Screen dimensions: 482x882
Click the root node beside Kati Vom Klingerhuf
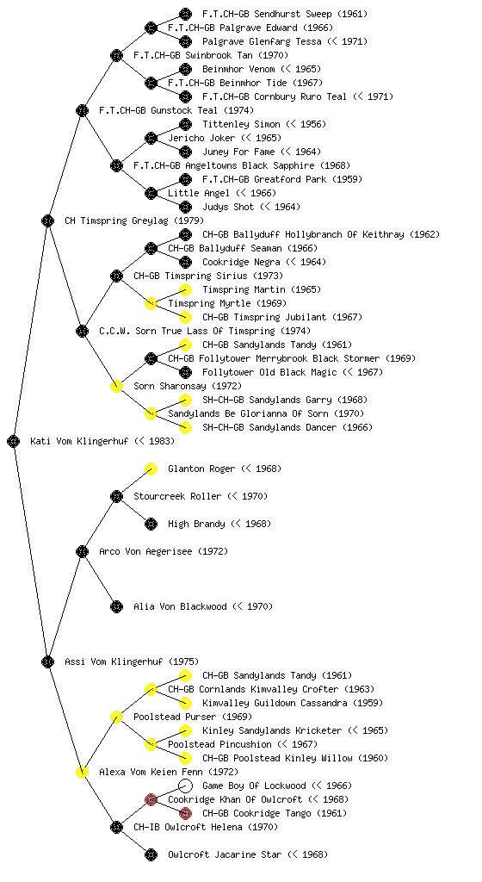(x=14, y=441)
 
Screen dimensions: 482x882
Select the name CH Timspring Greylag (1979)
(x=134, y=220)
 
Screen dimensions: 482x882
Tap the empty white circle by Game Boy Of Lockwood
(x=185, y=786)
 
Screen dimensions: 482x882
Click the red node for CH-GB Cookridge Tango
(x=185, y=813)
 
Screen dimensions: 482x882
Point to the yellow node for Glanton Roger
(x=151, y=469)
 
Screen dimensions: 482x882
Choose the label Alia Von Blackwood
(x=180, y=606)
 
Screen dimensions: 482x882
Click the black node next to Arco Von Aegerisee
(x=82, y=551)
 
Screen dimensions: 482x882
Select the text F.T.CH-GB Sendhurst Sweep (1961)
(x=285, y=14)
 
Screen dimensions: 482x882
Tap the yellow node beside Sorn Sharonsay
(x=116, y=386)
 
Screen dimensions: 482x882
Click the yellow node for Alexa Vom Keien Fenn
(x=82, y=772)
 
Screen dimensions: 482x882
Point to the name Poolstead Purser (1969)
(x=193, y=717)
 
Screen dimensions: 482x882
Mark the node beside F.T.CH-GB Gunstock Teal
(x=82, y=110)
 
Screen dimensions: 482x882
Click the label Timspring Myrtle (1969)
(x=227, y=303)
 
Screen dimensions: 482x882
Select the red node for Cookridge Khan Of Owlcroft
(x=151, y=799)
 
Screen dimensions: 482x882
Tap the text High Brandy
(x=196, y=524)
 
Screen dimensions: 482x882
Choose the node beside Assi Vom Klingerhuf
(x=47, y=661)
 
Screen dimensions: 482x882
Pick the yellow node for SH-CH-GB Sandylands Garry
(x=185, y=400)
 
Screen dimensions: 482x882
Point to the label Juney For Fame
(x=238, y=152)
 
